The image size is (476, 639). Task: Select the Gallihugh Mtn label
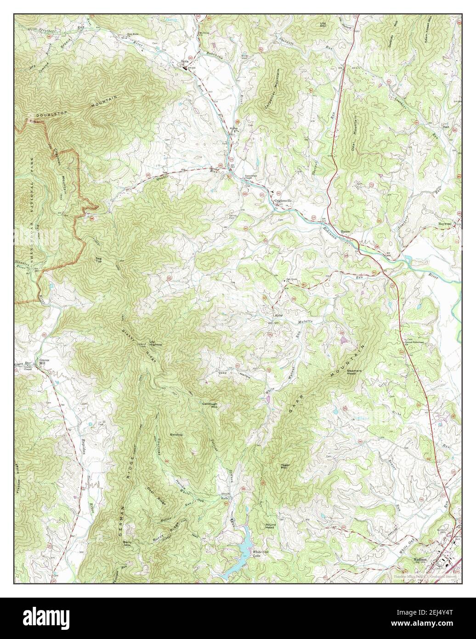click(210, 405)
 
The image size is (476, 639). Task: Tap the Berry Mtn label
click(127, 544)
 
